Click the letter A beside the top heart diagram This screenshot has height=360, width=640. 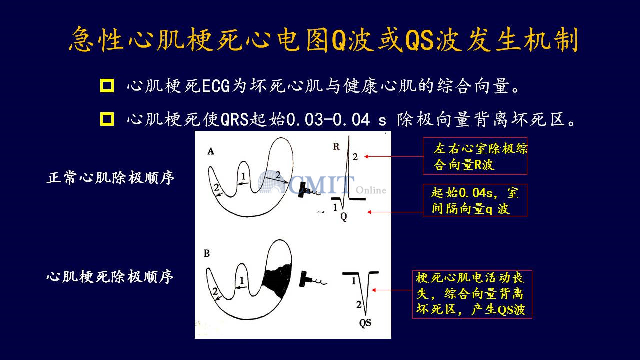coord(211,151)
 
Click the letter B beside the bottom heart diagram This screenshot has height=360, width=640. coord(207,253)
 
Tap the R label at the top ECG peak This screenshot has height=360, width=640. coord(336,147)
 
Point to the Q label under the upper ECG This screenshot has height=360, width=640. coord(344,217)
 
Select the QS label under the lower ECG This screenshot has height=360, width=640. coord(365,323)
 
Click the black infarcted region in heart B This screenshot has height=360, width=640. coord(277,281)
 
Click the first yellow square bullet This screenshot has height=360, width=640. coord(107,85)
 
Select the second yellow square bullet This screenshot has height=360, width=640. coord(107,119)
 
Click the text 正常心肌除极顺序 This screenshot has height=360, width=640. coord(110,178)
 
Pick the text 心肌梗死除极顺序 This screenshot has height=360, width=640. coord(110,277)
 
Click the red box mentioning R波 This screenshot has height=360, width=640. coord(475,156)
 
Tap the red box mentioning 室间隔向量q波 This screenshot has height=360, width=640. coord(475,200)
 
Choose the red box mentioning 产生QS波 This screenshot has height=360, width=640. coord(472,294)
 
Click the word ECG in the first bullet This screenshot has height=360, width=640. coord(216,86)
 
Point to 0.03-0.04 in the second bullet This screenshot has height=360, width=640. coord(328,119)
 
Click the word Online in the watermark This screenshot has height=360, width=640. coord(371,190)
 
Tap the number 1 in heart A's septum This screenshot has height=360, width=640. coord(243,176)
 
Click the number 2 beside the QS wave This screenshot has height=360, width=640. coord(359,305)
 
